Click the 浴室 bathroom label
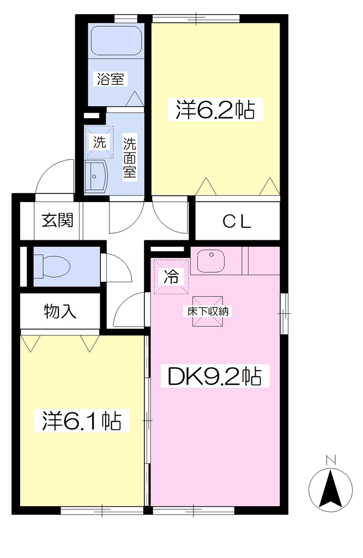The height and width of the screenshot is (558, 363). [110, 78]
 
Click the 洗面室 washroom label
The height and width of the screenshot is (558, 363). [130, 158]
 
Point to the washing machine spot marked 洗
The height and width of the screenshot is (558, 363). [99, 142]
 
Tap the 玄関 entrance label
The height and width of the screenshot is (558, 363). [58, 220]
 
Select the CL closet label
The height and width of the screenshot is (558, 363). [237, 222]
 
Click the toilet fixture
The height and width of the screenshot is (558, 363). [52, 266]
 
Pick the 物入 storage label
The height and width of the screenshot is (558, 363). [60, 312]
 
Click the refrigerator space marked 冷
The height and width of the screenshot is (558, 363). [171, 276]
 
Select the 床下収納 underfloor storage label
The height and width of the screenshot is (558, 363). [208, 312]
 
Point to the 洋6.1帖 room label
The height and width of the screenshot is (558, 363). [82, 421]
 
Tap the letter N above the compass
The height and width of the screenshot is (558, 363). [331, 460]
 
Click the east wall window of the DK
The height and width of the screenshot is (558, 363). [284, 313]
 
